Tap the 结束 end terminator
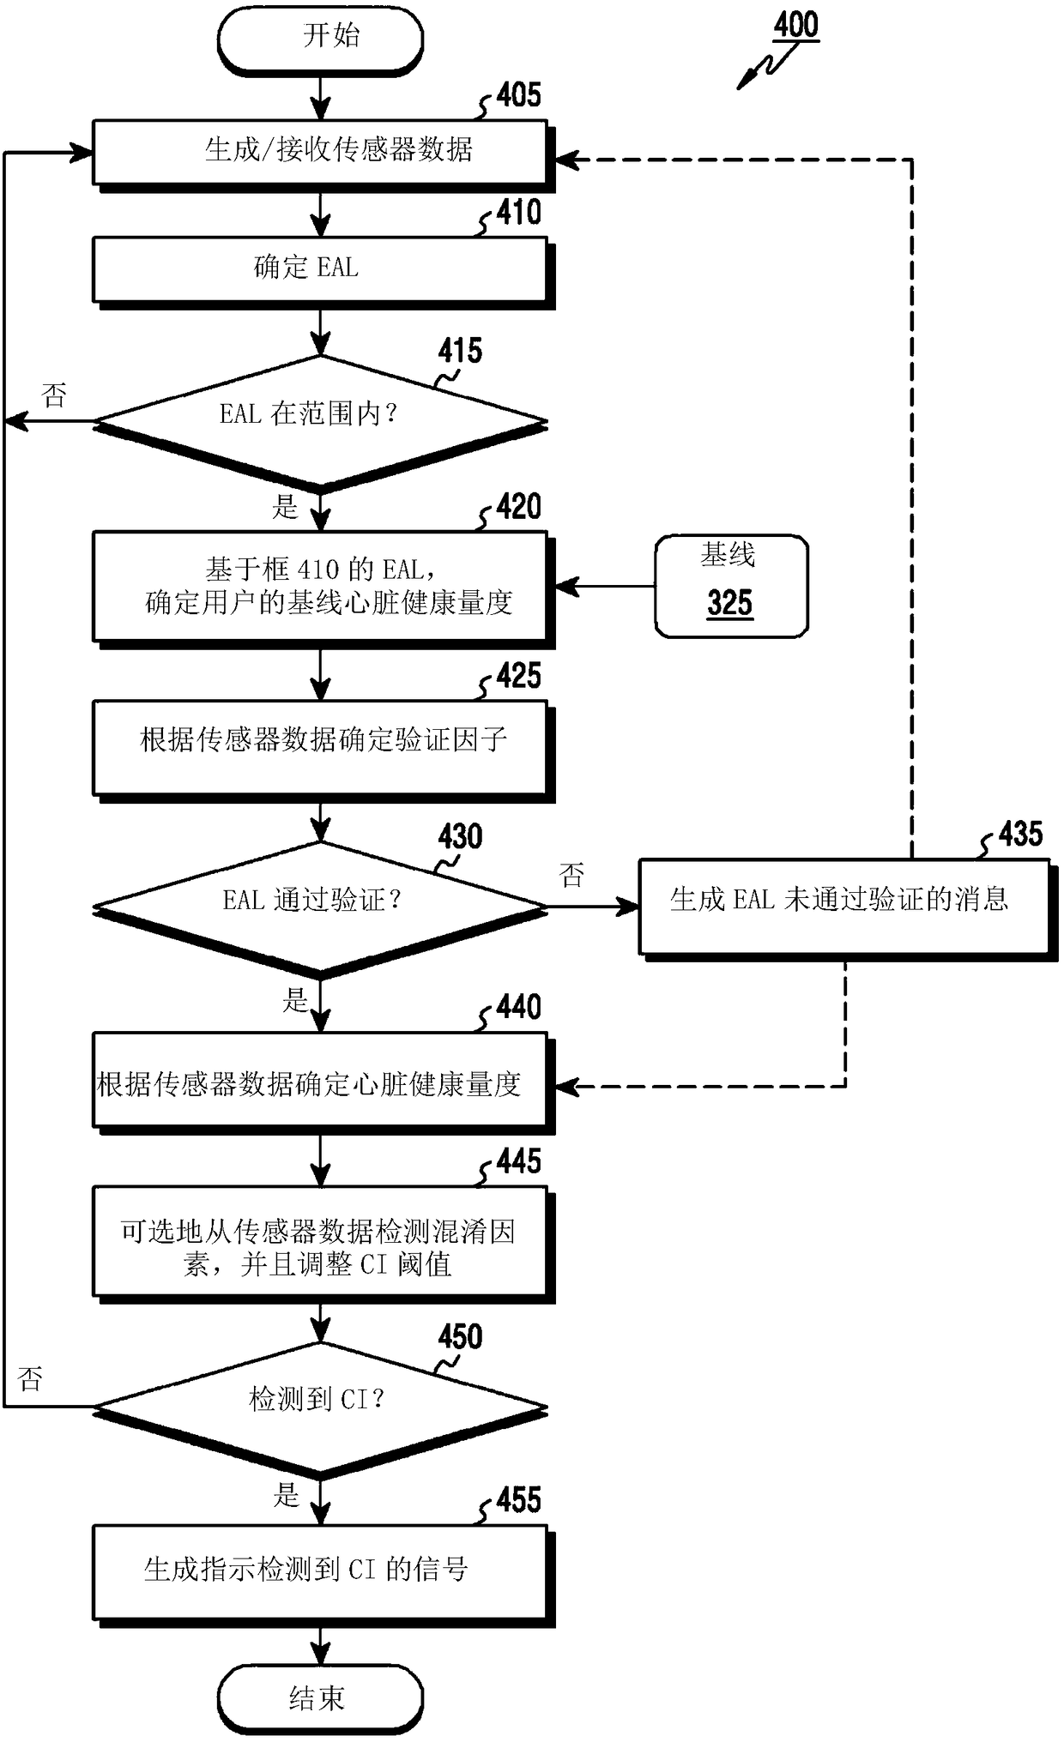[x=320, y=1697]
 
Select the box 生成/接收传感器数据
[x=323, y=154]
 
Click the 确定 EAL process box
[x=323, y=272]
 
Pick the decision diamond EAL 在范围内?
[x=320, y=423]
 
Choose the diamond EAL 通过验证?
[x=320, y=908]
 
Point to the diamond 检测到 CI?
[x=320, y=1407]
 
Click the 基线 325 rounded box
[x=731, y=586]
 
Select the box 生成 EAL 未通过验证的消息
[x=847, y=910]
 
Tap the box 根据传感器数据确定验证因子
[x=323, y=750]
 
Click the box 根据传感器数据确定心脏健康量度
[x=323, y=1083]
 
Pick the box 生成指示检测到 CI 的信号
[x=323, y=1574]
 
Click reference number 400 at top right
[x=796, y=26]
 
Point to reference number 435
[x=1020, y=834]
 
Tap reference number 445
[x=518, y=1161]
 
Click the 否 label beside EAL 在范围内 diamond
[x=54, y=395]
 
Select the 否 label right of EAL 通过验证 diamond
[x=571, y=875]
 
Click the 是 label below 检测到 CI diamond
[x=286, y=1495]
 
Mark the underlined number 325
[x=730, y=603]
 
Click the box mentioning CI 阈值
[x=323, y=1245]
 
